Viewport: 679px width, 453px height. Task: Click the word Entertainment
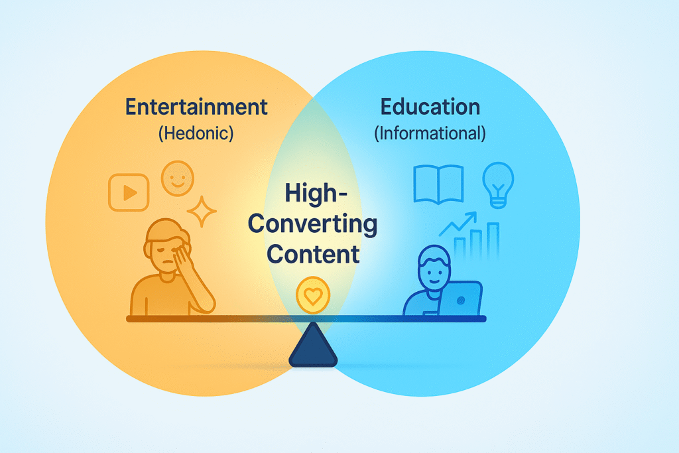tap(196, 107)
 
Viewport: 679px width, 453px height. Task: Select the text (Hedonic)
tap(196, 133)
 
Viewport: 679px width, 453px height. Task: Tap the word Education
tap(430, 107)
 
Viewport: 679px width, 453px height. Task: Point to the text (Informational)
tap(430, 133)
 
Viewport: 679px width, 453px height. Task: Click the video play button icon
tap(129, 192)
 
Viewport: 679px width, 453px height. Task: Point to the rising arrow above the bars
tap(459, 225)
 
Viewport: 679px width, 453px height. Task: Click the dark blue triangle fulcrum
tap(313, 347)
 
